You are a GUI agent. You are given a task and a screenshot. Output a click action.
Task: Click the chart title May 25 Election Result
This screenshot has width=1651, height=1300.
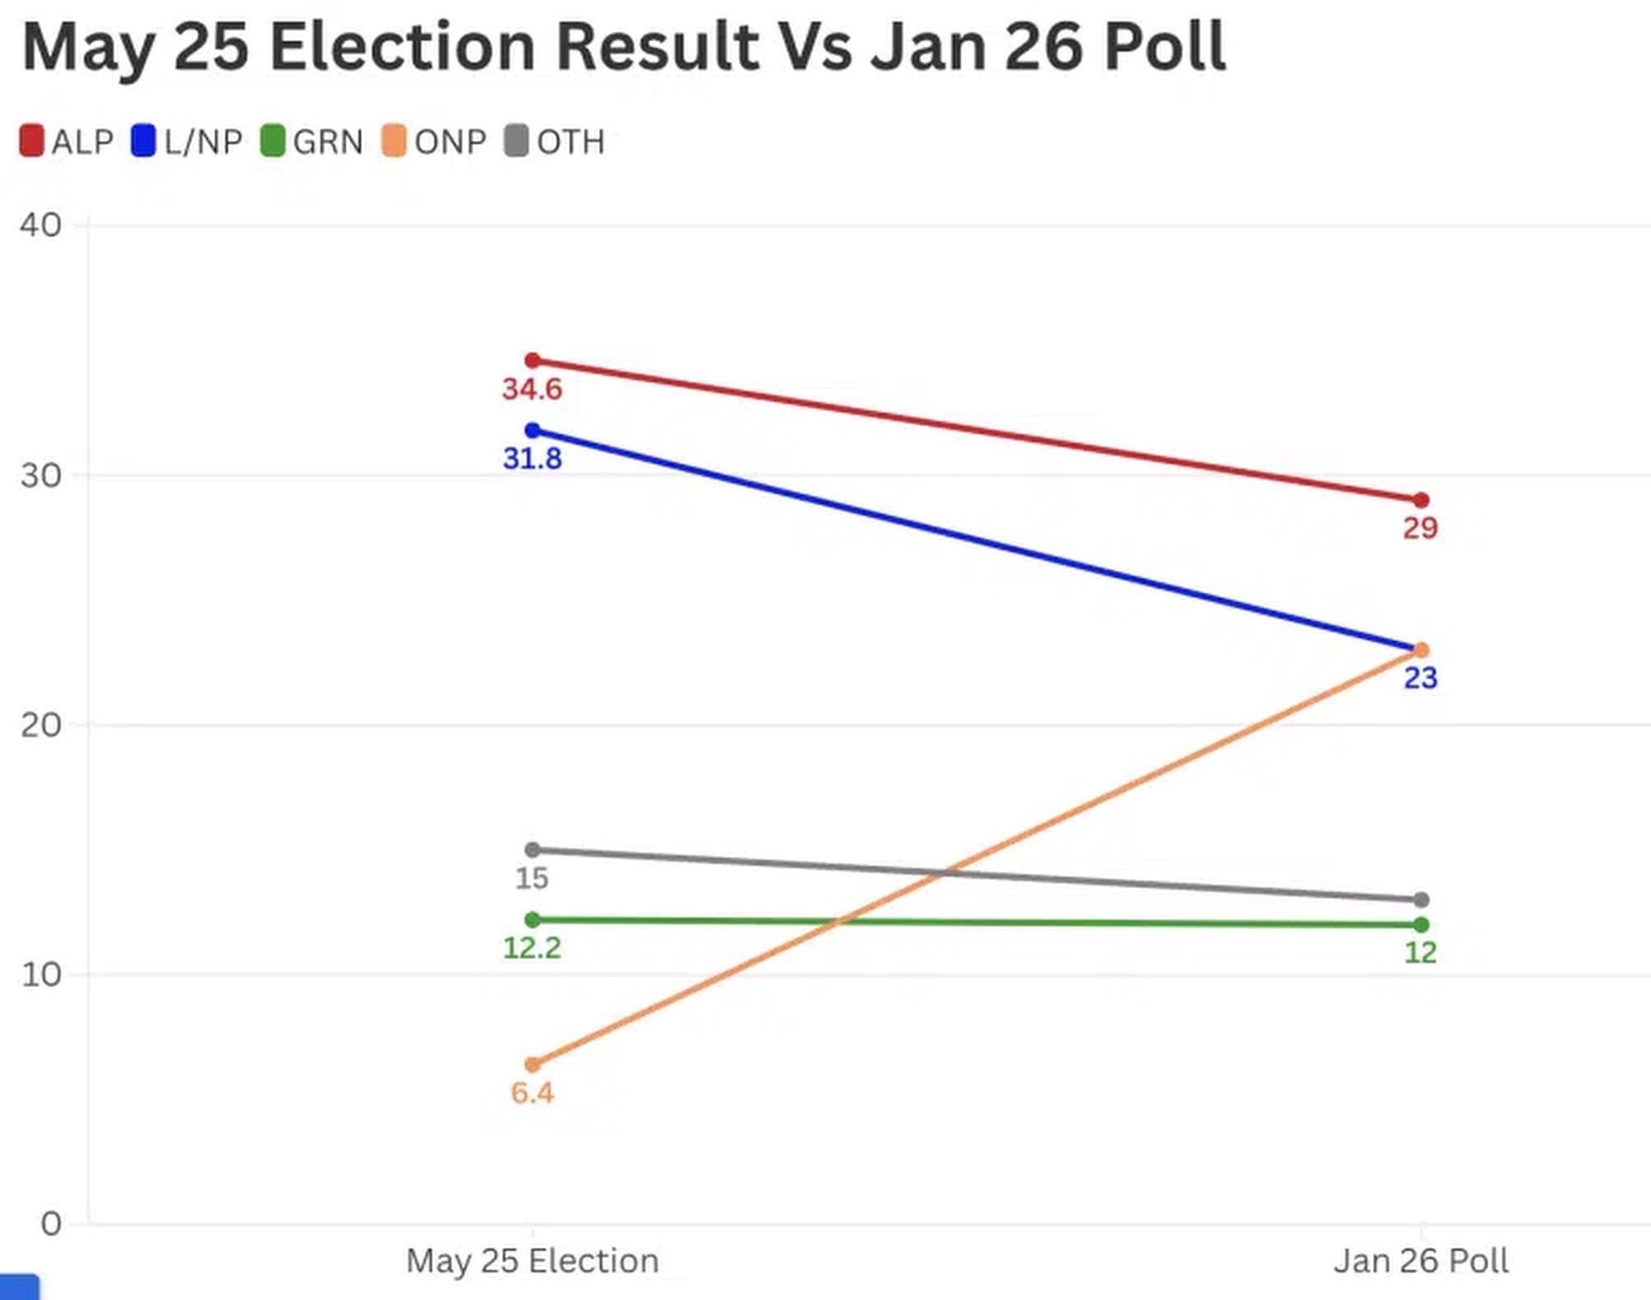point(623,47)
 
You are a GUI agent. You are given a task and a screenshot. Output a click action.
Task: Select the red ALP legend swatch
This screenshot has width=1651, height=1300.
point(31,141)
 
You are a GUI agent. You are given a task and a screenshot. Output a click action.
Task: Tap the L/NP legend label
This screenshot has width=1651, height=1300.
point(203,142)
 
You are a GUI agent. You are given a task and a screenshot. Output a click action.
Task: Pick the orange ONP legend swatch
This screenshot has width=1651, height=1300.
point(394,141)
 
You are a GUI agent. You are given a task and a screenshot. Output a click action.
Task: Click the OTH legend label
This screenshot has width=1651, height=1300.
point(570,142)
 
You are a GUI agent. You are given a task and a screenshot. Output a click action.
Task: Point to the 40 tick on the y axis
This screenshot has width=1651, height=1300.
point(41,225)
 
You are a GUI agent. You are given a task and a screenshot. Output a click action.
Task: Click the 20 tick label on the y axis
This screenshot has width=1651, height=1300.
point(41,726)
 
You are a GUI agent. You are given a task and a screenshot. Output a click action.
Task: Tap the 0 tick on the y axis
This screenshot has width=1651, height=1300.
point(51,1224)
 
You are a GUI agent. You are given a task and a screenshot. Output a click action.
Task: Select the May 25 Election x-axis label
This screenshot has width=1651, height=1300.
point(532,1261)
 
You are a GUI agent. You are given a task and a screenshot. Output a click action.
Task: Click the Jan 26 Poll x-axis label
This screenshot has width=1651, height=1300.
point(1421,1261)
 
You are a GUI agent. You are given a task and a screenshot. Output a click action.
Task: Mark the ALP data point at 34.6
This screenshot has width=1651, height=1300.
point(533,361)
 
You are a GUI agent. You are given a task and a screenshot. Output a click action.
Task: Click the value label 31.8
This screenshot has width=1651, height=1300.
point(532,459)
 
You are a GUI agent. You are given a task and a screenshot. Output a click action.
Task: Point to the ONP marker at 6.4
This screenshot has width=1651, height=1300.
point(533,1065)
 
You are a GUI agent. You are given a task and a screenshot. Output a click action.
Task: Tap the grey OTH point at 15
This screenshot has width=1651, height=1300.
point(533,850)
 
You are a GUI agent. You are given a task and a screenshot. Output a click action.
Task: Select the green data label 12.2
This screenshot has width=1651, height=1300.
point(532,948)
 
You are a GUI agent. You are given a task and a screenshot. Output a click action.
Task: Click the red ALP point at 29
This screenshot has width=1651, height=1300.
point(1421,500)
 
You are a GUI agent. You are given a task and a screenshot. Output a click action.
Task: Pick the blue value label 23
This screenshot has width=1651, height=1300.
point(1421,678)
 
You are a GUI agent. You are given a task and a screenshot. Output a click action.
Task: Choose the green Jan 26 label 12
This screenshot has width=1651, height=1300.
point(1421,953)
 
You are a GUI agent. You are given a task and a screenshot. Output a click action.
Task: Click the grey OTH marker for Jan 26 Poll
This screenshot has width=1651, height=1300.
point(1421,900)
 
